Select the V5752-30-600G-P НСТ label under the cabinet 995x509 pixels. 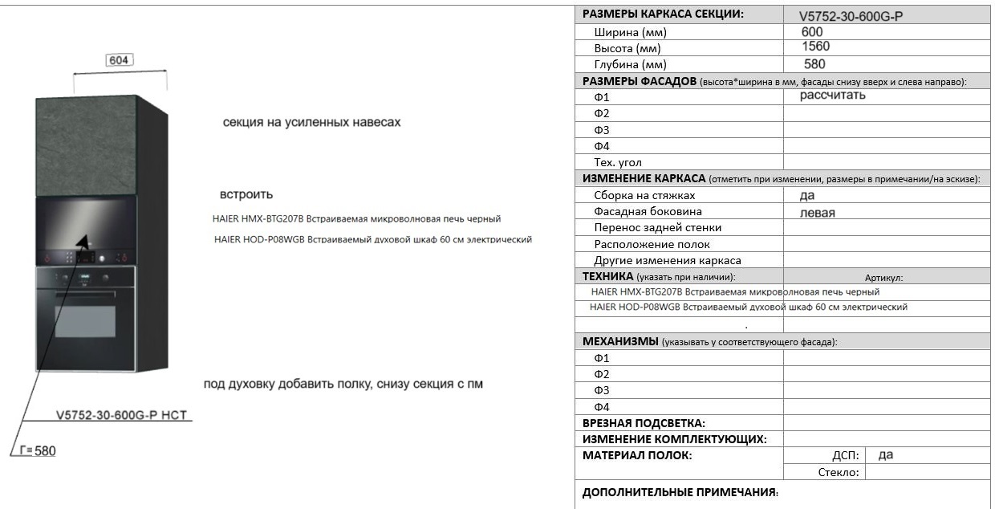point(125,415)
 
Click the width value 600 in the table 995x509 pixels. point(811,31)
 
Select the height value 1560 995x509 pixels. point(815,47)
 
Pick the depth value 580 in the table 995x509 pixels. point(814,63)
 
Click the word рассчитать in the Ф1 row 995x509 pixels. point(832,96)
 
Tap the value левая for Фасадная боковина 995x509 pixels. point(818,213)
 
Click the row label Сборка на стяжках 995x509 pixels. point(644,195)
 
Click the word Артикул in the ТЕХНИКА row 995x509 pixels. point(883,278)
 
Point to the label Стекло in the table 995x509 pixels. point(839,472)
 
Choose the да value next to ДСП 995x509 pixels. point(886,455)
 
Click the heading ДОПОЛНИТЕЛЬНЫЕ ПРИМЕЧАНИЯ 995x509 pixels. point(680,492)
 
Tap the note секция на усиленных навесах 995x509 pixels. point(311,123)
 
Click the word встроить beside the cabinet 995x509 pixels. point(246,194)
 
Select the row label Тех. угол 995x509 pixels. point(618,162)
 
